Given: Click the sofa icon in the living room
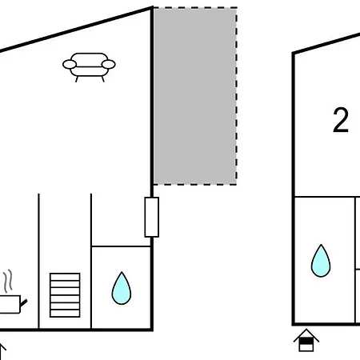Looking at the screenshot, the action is coord(89,66).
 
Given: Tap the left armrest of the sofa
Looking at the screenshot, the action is coord(70,64).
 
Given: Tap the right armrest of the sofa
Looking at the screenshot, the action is coord(109,64).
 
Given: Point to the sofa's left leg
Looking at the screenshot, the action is coord(77,79).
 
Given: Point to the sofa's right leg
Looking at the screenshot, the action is coord(102,79).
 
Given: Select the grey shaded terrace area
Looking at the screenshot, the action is coord(195,96).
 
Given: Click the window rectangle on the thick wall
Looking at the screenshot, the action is coord(152,217).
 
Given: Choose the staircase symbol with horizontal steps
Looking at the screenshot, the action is coord(65,295).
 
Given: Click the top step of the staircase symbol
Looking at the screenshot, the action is coord(65,277).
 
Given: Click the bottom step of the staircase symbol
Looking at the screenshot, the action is coord(65,314).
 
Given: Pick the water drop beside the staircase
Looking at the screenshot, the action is coord(122,290).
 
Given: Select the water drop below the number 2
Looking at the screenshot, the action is coord(321,262).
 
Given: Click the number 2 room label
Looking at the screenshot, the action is coord(341,120).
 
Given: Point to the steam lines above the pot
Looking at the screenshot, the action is coord(8,281).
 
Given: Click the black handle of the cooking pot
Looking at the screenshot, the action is coord(23,303).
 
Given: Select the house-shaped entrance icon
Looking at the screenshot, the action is coord(306,341).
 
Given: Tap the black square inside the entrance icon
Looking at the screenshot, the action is coord(306,341).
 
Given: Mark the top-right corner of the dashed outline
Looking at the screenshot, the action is coord(237,8).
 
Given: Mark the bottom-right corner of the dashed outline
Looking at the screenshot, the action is coord(237,184).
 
